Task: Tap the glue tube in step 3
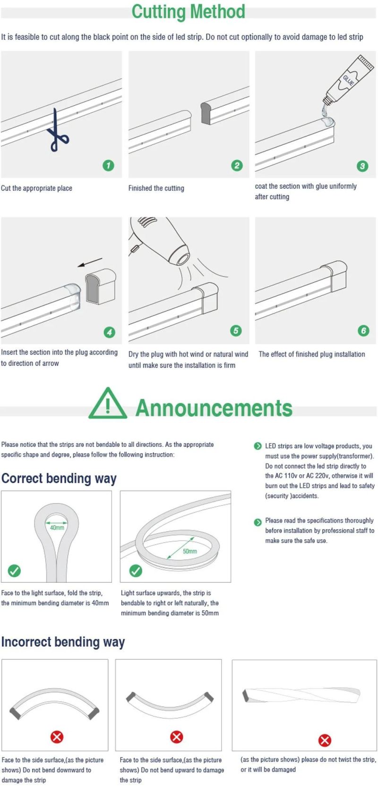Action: [348, 80]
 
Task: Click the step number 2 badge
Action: [237, 165]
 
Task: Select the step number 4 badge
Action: [109, 332]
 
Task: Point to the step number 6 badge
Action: [363, 330]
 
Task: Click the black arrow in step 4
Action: [90, 262]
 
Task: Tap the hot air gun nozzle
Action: [183, 258]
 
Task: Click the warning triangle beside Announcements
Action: [108, 404]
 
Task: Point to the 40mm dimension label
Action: [57, 528]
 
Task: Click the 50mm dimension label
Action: [190, 551]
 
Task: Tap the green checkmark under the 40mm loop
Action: [14, 571]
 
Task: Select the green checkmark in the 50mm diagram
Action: [136, 571]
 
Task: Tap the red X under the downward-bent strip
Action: [57, 737]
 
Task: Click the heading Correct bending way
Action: [59, 479]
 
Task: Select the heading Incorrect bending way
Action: [63, 642]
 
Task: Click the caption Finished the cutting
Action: [156, 188]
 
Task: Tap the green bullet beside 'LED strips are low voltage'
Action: [258, 446]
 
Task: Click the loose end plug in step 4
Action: [101, 286]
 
